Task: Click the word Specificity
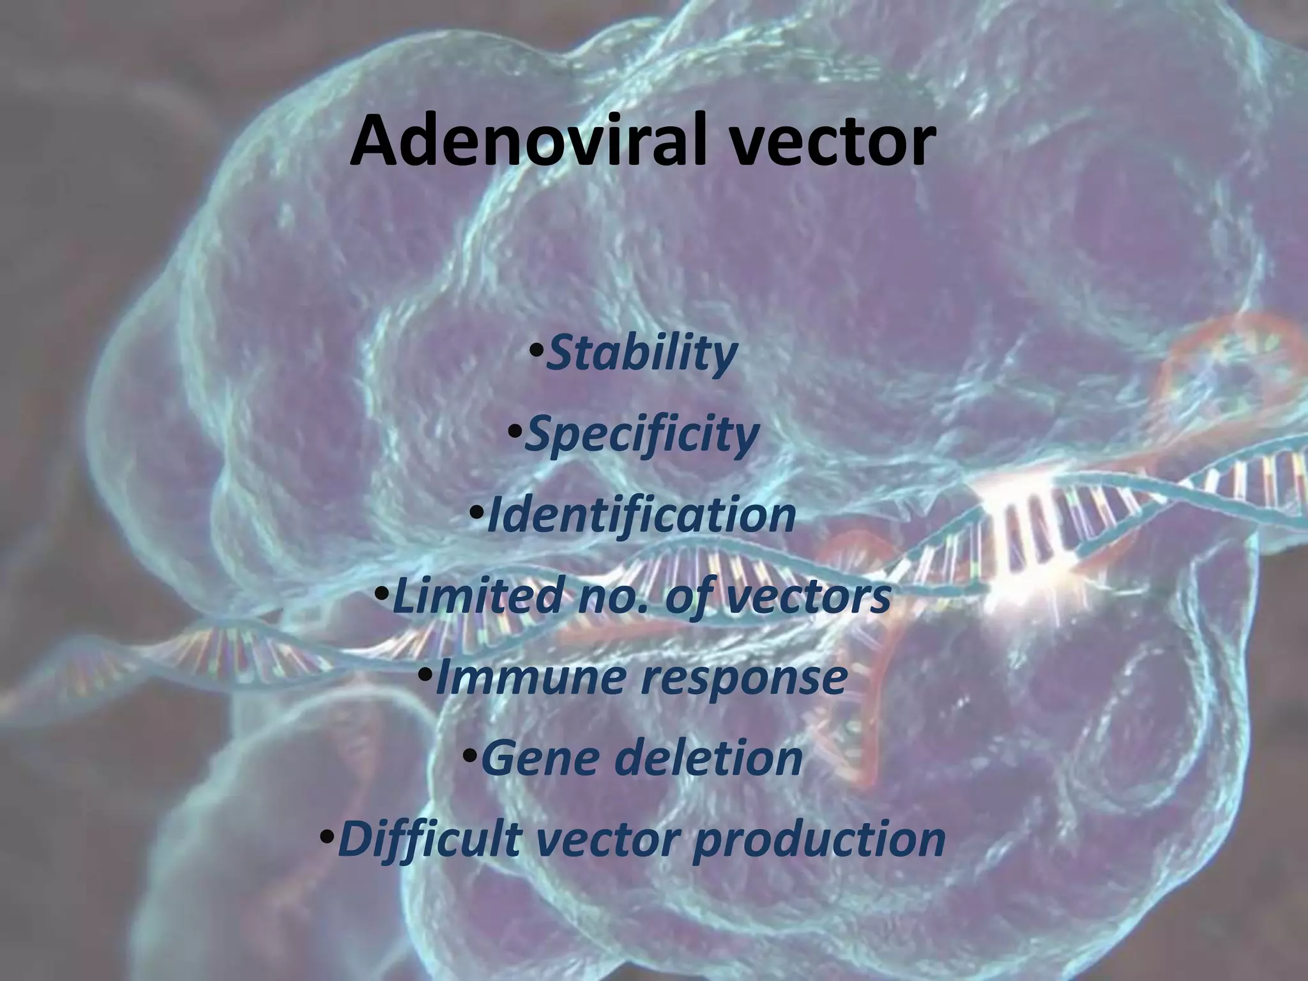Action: pos(641,435)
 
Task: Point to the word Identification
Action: pos(641,515)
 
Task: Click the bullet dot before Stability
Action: pos(536,351)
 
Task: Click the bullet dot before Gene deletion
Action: pos(469,756)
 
